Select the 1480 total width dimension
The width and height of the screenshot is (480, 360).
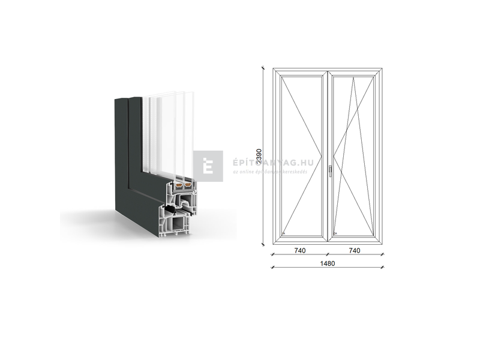[x=328, y=263]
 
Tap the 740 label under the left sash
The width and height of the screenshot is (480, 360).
[x=300, y=251]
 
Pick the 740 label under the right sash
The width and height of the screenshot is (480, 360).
[x=354, y=251]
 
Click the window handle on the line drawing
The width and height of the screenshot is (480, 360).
[x=330, y=172]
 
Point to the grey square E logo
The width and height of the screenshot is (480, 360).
[x=208, y=166]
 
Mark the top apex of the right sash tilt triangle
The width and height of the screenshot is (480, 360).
[x=354, y=76]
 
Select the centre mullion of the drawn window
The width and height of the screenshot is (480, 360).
[x=328, y=156]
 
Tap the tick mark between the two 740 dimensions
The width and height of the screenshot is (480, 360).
[x=328, y=254]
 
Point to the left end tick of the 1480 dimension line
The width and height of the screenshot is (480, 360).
[x=273, y=266]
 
